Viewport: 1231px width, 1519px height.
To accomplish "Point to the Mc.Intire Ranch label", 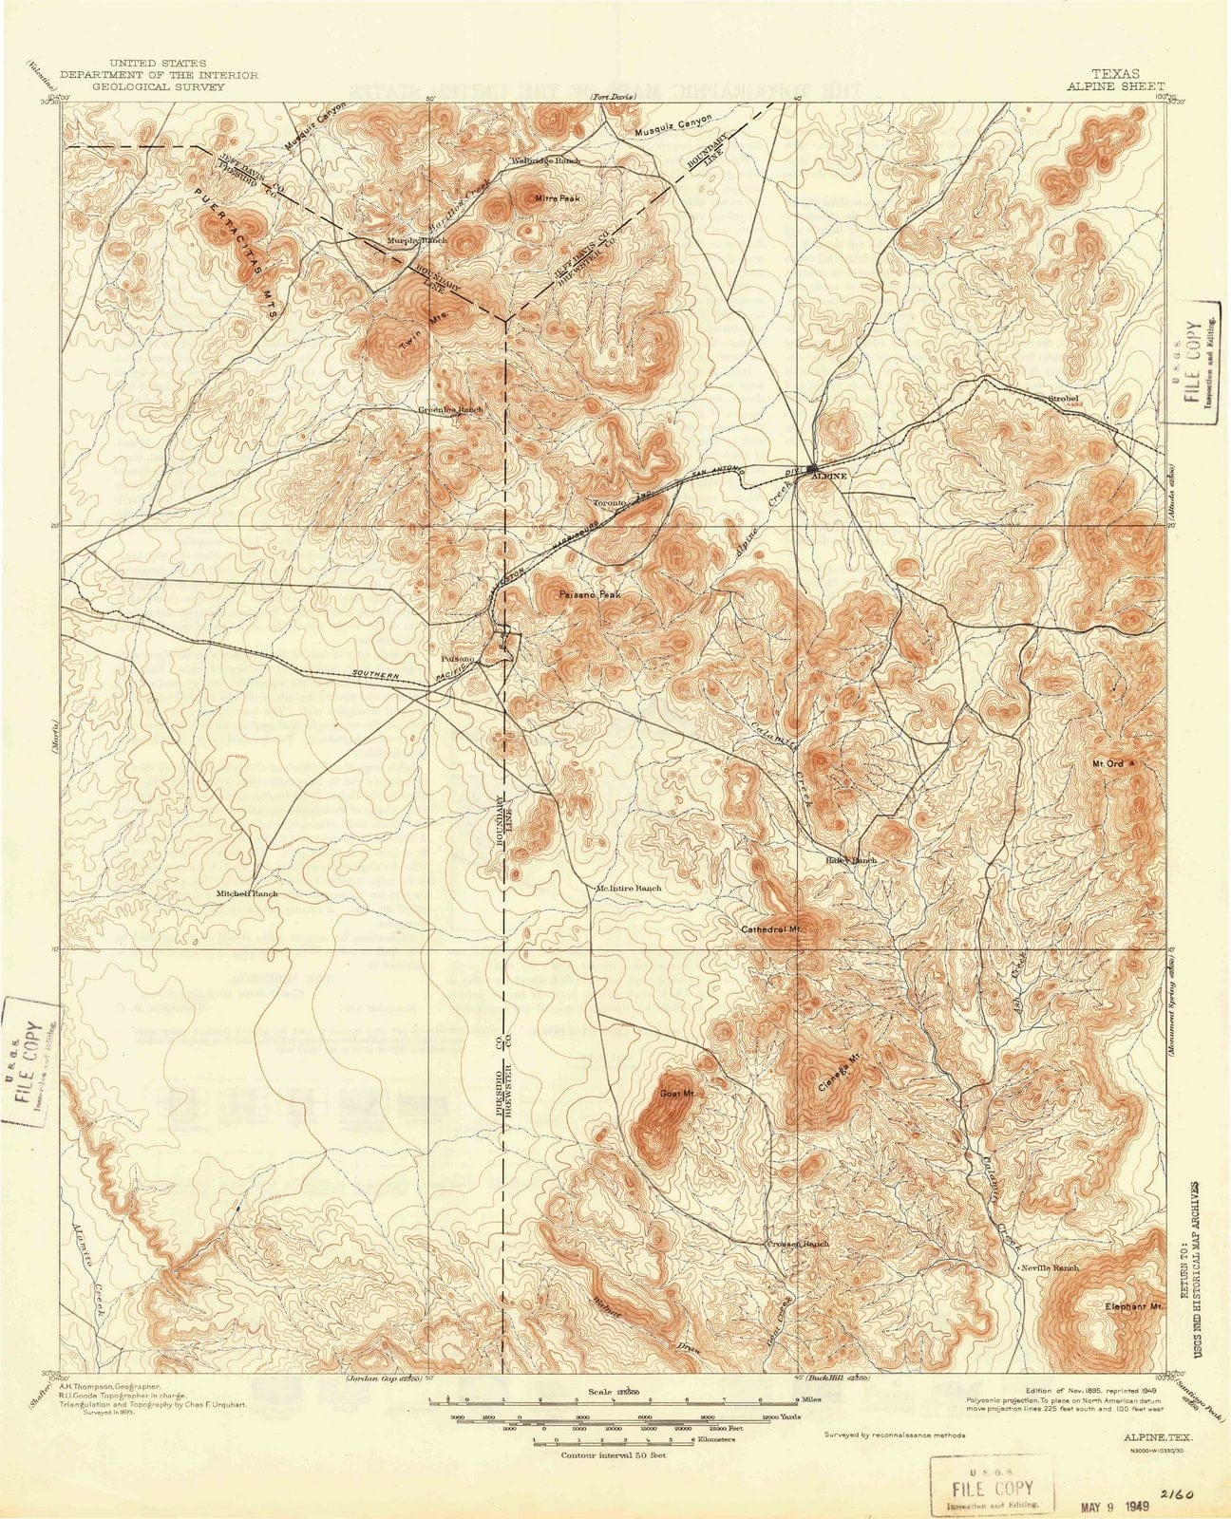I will click(628, 888).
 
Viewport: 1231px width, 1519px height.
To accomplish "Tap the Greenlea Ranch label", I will click(451, 409).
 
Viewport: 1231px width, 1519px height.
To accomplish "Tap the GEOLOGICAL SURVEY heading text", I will click(142, 85).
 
